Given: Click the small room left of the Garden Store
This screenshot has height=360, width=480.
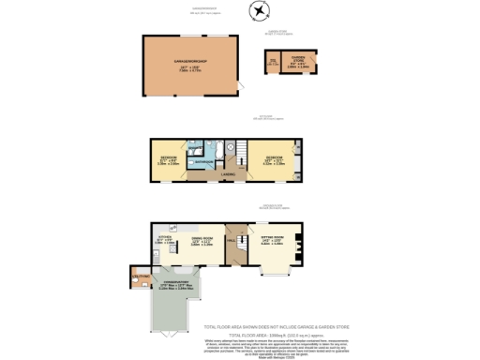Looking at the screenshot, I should [274, 65].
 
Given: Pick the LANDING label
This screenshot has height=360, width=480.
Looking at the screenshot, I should [227, 174].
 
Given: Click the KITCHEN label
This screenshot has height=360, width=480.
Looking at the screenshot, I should [160, 240].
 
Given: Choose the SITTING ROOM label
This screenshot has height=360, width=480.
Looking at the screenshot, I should [272, 240].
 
